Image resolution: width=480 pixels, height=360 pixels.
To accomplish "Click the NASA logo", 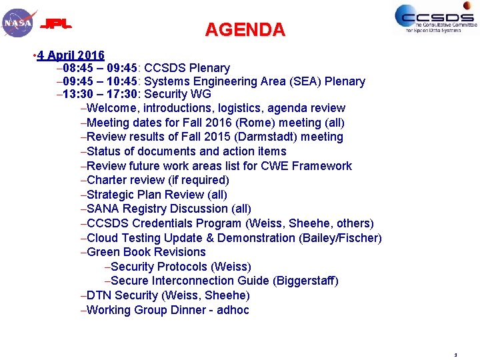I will (x=18, y=23).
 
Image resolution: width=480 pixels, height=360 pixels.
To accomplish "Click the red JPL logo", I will (x=56, y=25).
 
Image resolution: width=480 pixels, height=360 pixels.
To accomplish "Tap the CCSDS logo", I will (x=435, y=19).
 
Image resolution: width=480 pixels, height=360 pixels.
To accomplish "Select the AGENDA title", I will (x=245, y=30).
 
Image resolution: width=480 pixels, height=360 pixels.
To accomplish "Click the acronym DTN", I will (x=99, y=295).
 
